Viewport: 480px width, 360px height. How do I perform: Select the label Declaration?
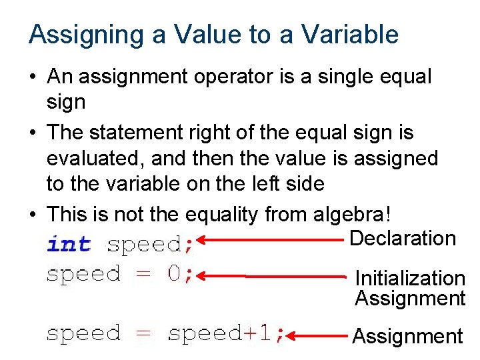(403, 238)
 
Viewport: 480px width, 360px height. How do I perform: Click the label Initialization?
(410, 278)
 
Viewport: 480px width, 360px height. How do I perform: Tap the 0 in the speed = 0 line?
(174, 273)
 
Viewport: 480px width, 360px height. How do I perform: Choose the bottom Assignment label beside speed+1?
(407, 337)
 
